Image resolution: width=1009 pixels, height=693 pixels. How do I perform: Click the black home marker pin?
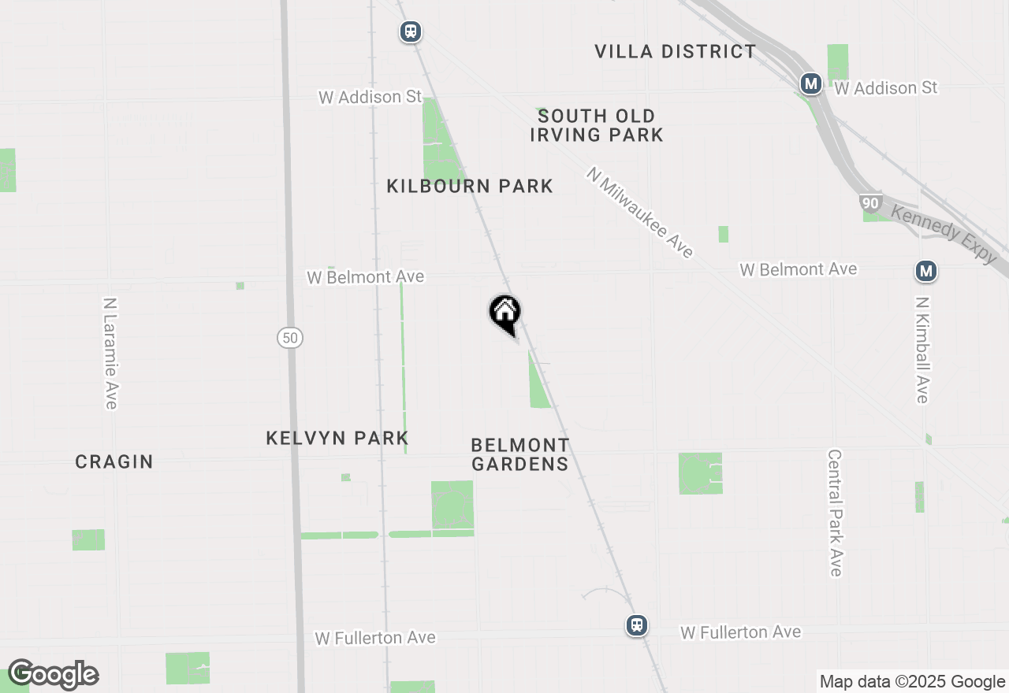(x=504, y=313)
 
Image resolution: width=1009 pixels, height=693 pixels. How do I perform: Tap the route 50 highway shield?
(x=290, y=338)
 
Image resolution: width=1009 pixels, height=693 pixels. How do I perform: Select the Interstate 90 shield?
(x=870, y=203)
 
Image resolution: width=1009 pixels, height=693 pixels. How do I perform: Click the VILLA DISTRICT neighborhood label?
(x=675, y=52)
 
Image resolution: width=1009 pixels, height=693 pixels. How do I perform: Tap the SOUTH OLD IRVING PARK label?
(x=597, y=126)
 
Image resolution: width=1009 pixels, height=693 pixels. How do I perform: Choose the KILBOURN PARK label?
(x=470, y=187)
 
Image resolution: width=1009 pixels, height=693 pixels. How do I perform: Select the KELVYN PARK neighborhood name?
(x=337, y=439)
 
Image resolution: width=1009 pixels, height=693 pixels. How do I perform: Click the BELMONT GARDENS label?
(x=520, y=455)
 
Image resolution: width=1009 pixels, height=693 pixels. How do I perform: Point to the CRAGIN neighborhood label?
(x=114, y=462)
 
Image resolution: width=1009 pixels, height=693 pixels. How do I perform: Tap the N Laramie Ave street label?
(x=110, y=353)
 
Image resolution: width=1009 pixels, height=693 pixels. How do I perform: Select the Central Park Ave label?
(x=836, y=513)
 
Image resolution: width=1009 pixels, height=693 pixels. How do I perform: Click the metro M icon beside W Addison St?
(x=810, y=83)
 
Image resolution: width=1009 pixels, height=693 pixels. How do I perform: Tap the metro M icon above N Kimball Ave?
(x=926, y=272)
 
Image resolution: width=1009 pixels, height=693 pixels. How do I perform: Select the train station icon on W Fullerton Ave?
(x=637, y=625)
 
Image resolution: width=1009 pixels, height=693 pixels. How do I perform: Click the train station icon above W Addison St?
(x=410, y=31)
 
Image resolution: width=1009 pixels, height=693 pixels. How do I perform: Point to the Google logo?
(x=53, y=675)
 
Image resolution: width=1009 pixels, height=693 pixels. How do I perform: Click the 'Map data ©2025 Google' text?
(x=912, y=682)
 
